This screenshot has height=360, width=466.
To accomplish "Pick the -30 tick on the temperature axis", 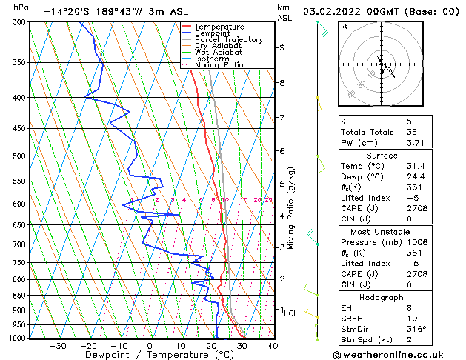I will tap(57, 345).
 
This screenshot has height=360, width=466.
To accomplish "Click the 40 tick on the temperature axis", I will tap(273, 345).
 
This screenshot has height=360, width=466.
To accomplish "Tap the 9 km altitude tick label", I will tap(282, 47).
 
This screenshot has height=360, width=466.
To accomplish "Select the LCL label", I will tap(291, 313).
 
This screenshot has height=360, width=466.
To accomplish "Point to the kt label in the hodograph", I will tap(344, 26).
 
